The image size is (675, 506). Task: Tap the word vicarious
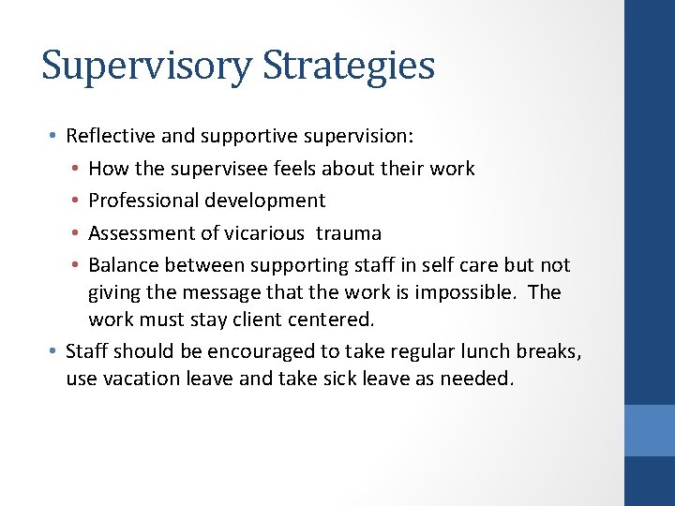pos(263,233)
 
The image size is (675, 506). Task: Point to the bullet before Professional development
pos(74,201)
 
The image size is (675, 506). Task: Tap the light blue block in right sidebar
pos(650,430)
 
